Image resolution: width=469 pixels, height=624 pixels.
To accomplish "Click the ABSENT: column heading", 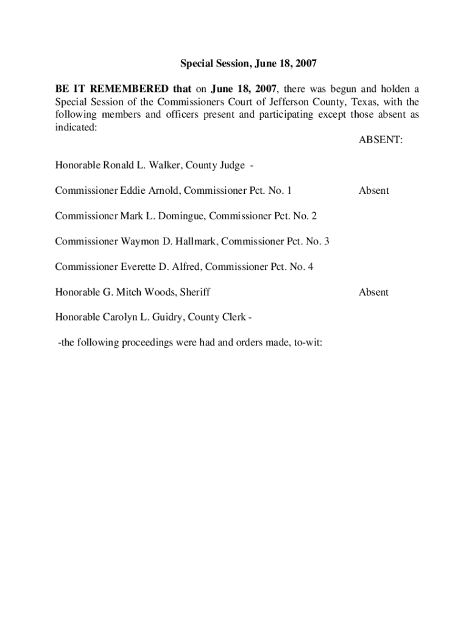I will tap(380, 140).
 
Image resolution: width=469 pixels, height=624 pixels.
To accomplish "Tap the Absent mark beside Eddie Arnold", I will tap(373, 191).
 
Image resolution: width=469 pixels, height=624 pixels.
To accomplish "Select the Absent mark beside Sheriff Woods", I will tap(373, 292).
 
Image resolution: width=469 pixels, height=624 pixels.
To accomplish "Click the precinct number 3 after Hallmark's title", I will tap(326, 241).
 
